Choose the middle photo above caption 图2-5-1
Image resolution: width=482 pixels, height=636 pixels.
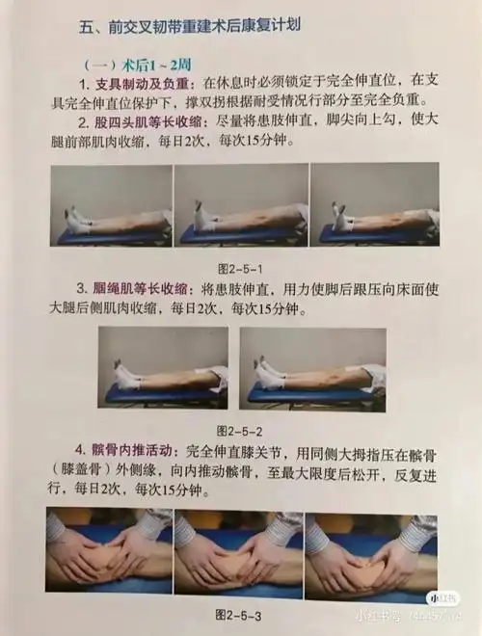coord(241,205)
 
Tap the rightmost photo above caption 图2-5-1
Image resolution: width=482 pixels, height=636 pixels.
coord(374,205)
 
